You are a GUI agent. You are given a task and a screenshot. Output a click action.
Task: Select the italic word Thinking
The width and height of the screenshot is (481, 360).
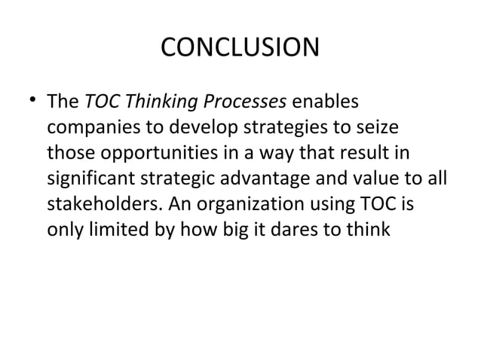152,100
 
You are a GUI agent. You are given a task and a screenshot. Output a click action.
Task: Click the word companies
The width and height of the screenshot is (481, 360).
90,126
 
